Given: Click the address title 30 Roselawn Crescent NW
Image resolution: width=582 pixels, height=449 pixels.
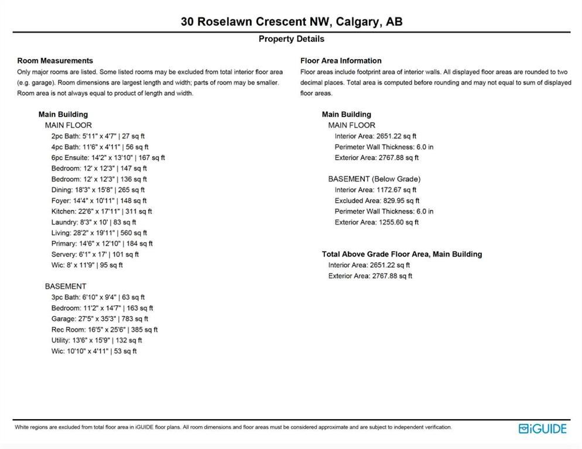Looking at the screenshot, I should [x=291, y=22].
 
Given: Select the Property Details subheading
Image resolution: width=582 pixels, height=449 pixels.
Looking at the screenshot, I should [x=291, y=39].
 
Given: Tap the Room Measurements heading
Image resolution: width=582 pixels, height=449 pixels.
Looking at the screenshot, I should [x=55, y=61].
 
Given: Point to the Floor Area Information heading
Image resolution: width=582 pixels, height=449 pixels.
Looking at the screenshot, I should [x=341, y=61].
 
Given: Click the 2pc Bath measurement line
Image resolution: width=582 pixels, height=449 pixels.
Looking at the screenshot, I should [x=98, y=136].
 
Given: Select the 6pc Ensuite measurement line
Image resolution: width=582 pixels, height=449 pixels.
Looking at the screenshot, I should [x=108, y=158].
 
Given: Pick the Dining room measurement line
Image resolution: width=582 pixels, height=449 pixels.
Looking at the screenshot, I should [x=98, y=190].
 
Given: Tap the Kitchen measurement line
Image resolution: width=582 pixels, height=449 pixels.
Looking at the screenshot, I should [x=101, y=212].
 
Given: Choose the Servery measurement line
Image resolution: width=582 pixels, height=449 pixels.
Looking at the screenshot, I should [x=95, y=254].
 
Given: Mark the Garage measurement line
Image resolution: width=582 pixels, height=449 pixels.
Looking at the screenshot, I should [x=100, y=319].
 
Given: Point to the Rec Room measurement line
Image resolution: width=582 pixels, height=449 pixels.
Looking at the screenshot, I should [x=104, y=330].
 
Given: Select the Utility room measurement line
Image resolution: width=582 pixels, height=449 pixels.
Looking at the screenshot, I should [x=97, y=340].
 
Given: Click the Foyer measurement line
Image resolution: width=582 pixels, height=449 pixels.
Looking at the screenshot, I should [x=98, y=201].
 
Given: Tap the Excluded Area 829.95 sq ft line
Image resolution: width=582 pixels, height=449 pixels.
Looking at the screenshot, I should [x=376, y=201].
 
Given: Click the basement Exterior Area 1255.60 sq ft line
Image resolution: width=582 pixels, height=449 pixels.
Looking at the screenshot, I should [x=376, y=222].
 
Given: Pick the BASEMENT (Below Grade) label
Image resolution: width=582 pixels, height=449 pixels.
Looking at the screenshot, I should [x=374, y=179].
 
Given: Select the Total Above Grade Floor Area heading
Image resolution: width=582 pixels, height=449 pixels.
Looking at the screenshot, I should [x=402, y=254].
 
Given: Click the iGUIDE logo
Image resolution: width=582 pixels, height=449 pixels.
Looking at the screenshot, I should [x=543, y=429].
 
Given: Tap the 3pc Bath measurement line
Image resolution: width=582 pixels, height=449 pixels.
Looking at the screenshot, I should [x=98, y=297].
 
